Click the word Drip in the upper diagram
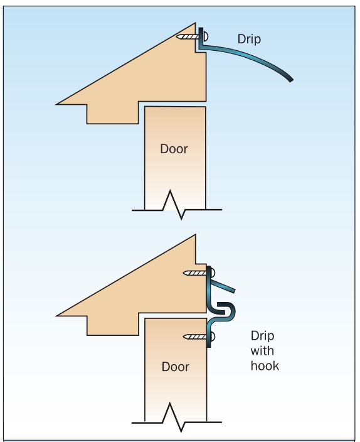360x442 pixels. [x=249, y=39]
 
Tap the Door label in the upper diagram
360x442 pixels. [x=174, y=149]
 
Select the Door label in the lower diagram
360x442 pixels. [x=175, y=367]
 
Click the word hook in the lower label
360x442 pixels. [x=265, y=365]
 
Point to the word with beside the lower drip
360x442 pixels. [x=262, y=351]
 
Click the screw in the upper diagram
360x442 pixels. [x=191, y=36]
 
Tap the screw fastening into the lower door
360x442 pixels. [x=199, y=337]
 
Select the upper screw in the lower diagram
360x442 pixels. [x=199, y=273]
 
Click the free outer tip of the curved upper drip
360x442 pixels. [x=292, y=80]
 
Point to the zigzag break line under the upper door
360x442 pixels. [x=177, y=206]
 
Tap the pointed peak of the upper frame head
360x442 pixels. [x=195, y=23]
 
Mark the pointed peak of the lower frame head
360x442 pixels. [x=195, y=235]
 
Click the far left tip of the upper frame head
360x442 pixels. [x=56, y=104]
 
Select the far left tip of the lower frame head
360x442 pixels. [x=56, y=316]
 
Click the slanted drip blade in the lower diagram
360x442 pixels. [x=223, y=286]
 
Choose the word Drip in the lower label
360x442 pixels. [x=262, y=336]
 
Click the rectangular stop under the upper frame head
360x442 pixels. [x=113, y=114]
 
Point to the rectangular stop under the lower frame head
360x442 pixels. [x=113, y=325]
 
